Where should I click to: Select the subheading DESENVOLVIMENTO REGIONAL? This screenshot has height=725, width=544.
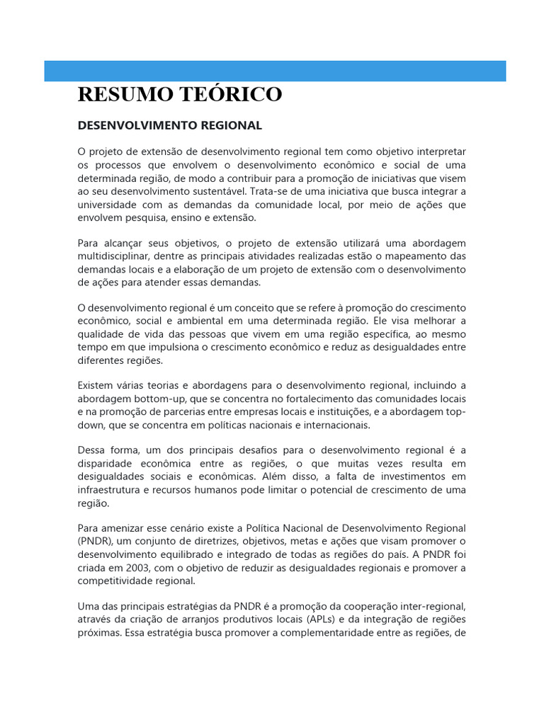(x=169, y=125)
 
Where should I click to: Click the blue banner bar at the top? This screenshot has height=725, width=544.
(x=275, y=71)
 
